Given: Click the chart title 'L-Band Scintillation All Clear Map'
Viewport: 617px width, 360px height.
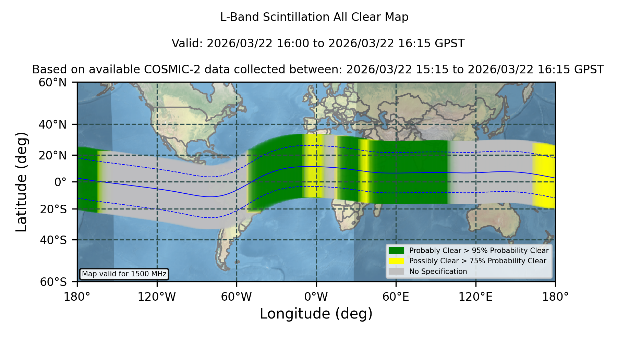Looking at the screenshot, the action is (314, 17).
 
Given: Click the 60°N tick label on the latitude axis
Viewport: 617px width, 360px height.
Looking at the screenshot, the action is (53, 83).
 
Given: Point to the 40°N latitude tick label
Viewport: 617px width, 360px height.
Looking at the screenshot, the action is (53, 124).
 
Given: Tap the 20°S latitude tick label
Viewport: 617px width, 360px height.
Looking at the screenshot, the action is (53, 209).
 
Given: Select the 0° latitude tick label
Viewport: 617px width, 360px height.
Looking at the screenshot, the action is (61, 182).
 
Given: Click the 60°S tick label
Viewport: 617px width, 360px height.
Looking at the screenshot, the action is (53, 282).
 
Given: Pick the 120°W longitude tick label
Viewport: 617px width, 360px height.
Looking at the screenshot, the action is (157, 297).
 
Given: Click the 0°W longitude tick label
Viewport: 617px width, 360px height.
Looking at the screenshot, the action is (316, 297).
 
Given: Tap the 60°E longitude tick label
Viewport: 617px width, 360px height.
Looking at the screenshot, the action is (396, 297).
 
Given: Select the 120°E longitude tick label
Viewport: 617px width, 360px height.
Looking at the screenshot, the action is (475, 297).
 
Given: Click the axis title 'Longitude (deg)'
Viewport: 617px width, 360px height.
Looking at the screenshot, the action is (316, 314).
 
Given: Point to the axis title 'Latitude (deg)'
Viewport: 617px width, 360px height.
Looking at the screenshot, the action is (21, 182).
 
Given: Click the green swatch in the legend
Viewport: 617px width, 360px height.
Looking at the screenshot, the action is (396, 250).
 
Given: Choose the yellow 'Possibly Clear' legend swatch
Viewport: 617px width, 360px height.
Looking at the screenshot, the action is (396, 261).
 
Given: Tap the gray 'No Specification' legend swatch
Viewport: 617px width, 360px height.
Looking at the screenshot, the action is (396, 271).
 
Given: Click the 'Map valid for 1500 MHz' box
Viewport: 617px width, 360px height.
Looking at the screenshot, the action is (124, 274).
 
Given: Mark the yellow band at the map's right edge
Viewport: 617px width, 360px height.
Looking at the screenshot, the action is (544, 176).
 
